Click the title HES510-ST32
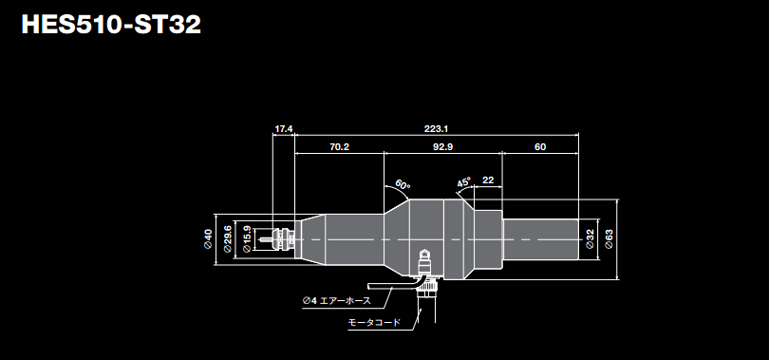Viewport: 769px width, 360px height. [x=111, y=24]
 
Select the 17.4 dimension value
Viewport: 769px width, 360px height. [x=284, y=128]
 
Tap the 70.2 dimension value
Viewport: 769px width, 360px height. [x=338, y=147]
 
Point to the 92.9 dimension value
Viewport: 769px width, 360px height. [x=441, y=147]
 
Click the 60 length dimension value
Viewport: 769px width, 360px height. [x=540, y=147]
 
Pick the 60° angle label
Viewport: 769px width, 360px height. [x=402, y=184]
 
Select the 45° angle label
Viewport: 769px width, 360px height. [x=463, y=182]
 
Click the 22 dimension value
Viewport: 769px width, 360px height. [x=488, y=180]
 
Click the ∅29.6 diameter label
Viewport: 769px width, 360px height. [x=228, y=238]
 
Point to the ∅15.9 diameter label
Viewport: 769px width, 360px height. [x=248, y=238]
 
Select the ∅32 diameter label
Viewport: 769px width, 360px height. [x=590, y=239]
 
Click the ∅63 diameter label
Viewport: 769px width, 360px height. [x=609, y=239]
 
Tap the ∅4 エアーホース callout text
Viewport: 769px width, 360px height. [x=337, y=301]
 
